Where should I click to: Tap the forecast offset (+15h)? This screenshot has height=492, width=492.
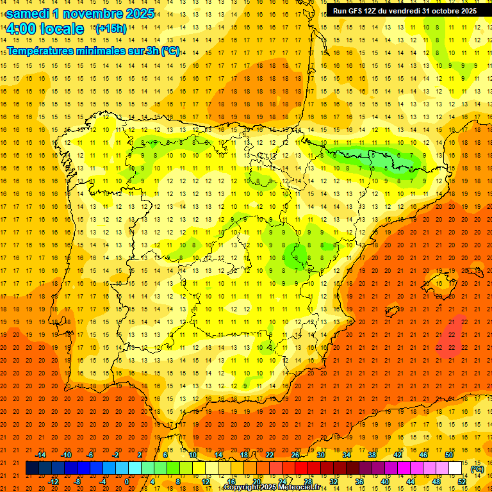click(111, 29)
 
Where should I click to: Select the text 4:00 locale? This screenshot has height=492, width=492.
click(45, 29)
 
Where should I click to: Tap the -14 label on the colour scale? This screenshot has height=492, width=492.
click(40, 455)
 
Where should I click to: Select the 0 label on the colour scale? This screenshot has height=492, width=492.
click(127, 482)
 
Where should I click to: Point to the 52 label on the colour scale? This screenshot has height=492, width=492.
click(461, 482)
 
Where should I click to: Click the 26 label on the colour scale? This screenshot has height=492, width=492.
click(295, 455)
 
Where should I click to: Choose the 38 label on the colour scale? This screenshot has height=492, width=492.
click(372, 455)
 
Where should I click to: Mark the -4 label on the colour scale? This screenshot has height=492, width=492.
click(103, 482)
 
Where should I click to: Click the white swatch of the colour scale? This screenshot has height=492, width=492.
click(455, 468)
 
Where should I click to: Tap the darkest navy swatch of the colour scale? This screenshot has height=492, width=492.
click(32, 468)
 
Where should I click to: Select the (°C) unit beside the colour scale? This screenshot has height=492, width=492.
click(477, 469)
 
